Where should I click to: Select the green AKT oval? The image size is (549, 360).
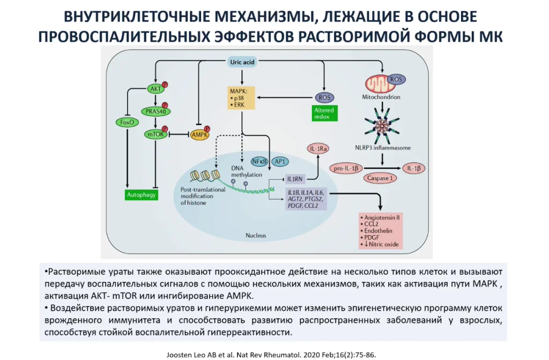tap(156, 89)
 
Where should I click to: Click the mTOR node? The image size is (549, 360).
tap(155, 134)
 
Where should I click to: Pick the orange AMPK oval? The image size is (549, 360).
tap(198, 134)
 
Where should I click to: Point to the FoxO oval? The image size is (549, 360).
tap(126, 122)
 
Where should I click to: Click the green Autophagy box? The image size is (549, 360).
tap(141, 195)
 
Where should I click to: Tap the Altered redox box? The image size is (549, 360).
tap(324, 114)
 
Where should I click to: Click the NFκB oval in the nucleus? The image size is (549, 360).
tap(259, 161)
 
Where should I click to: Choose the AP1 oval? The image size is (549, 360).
tap(280, 161)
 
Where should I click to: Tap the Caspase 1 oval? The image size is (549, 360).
tap(380, 178)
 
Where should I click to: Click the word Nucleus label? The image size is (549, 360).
tap(256, 235)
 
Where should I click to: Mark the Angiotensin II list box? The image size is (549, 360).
tap(380, 231)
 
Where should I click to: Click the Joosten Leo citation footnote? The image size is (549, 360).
tap(274, 354)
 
